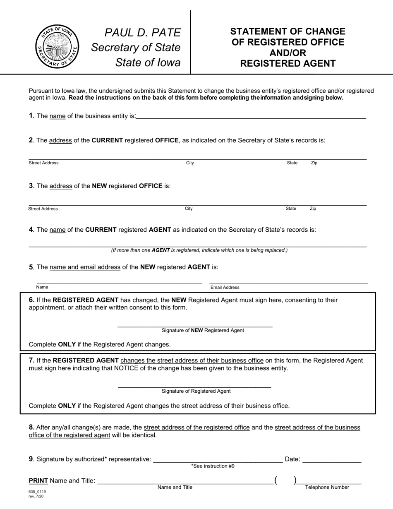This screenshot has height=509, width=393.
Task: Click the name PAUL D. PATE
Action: pyautogui.click(x=143, y=33)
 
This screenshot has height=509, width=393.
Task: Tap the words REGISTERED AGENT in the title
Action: pyautogui.click(x=288, y=63)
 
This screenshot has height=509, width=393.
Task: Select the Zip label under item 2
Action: pyautogui.click(x=314, y=163)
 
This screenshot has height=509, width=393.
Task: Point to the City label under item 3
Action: pyautogui.click(x=189, y=209)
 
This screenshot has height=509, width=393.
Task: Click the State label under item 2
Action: pyautogui.click(x=292, y=163)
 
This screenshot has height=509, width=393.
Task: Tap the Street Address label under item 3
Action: pyautogui.click(x=43, y=209)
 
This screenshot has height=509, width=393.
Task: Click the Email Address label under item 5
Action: pyautogui.click(x=225, y=288)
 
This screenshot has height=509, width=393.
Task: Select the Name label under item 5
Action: pyautogui.click(x=42, y=287)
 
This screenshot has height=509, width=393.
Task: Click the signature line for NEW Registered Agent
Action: pyautogui.click(x=195, y=325)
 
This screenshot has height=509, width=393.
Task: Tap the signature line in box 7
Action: pyautogui.click(x=194, y=386)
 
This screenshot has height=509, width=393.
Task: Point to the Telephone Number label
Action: pyautogui.click(x=327, y=487)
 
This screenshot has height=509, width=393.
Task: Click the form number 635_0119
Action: pyautogui.click(x=37, y=492)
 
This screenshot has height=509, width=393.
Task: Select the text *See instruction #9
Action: pyautogui.click(x=213, y=466)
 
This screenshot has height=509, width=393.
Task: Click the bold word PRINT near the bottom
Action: pyautogui.click(x=38, y=481)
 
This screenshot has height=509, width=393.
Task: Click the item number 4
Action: pyautogui.click(x=31, y=230)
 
